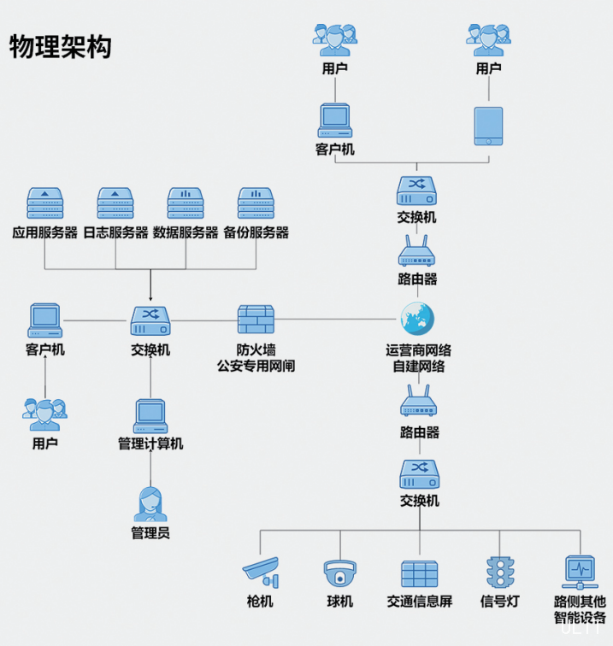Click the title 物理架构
coord(60,47)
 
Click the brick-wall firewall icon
coord(256,320)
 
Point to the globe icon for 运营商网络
coord(418,320)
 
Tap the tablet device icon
coord(488,126)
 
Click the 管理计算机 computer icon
coord(150,416)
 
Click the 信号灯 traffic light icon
coord(499,572)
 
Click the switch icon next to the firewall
coord(150,320)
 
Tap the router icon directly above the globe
coord(418,252)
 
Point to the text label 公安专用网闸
coord(256,367)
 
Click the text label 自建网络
coord(418,367)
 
